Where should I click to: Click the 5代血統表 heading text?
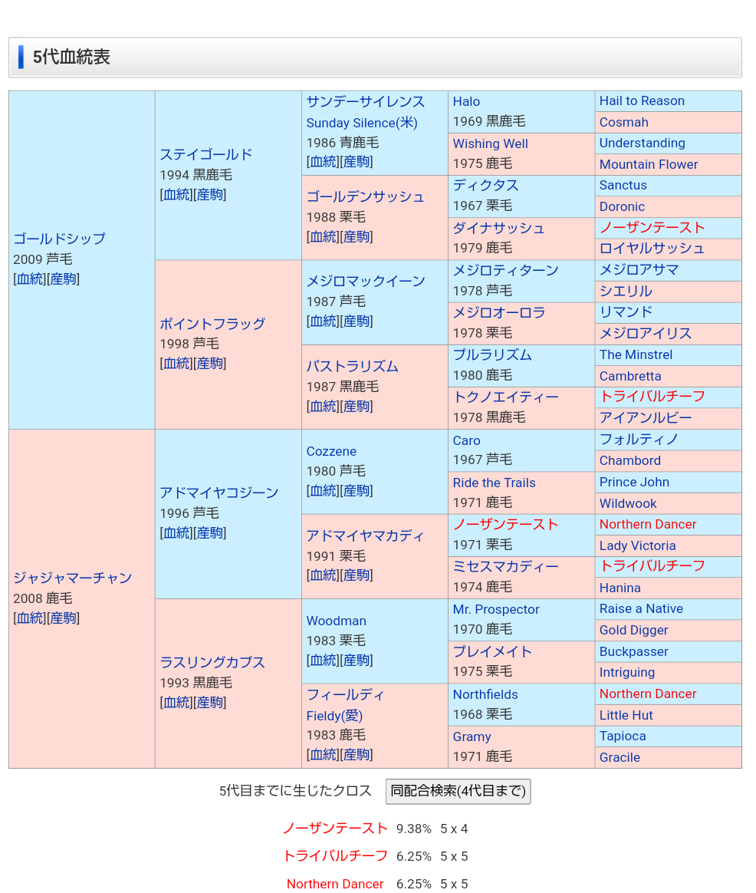click(71, 58)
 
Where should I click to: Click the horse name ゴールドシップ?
click(59, 239)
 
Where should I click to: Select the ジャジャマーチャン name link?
click(72, 578)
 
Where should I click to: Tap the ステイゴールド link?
click(205, 154)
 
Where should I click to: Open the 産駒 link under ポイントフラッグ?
click(210, 364)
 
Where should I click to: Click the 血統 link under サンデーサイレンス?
click(322, 162)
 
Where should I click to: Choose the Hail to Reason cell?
click(642, 101)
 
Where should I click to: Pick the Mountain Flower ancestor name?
click(648, 164)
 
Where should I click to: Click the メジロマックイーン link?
click(365, 281)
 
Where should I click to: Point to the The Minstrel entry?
click(636, 354)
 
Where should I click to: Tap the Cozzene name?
click(331, 451)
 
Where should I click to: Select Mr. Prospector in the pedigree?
click(495, 609)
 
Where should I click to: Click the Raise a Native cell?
click(641, 608)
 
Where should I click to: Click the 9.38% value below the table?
click(413, 829)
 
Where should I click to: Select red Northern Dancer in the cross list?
click(335, 884)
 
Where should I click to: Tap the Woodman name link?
click(336, 621)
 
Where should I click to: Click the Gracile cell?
click(620, 757)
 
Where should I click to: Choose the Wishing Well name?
click(490, 143)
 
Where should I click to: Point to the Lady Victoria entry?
click(637, 545)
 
